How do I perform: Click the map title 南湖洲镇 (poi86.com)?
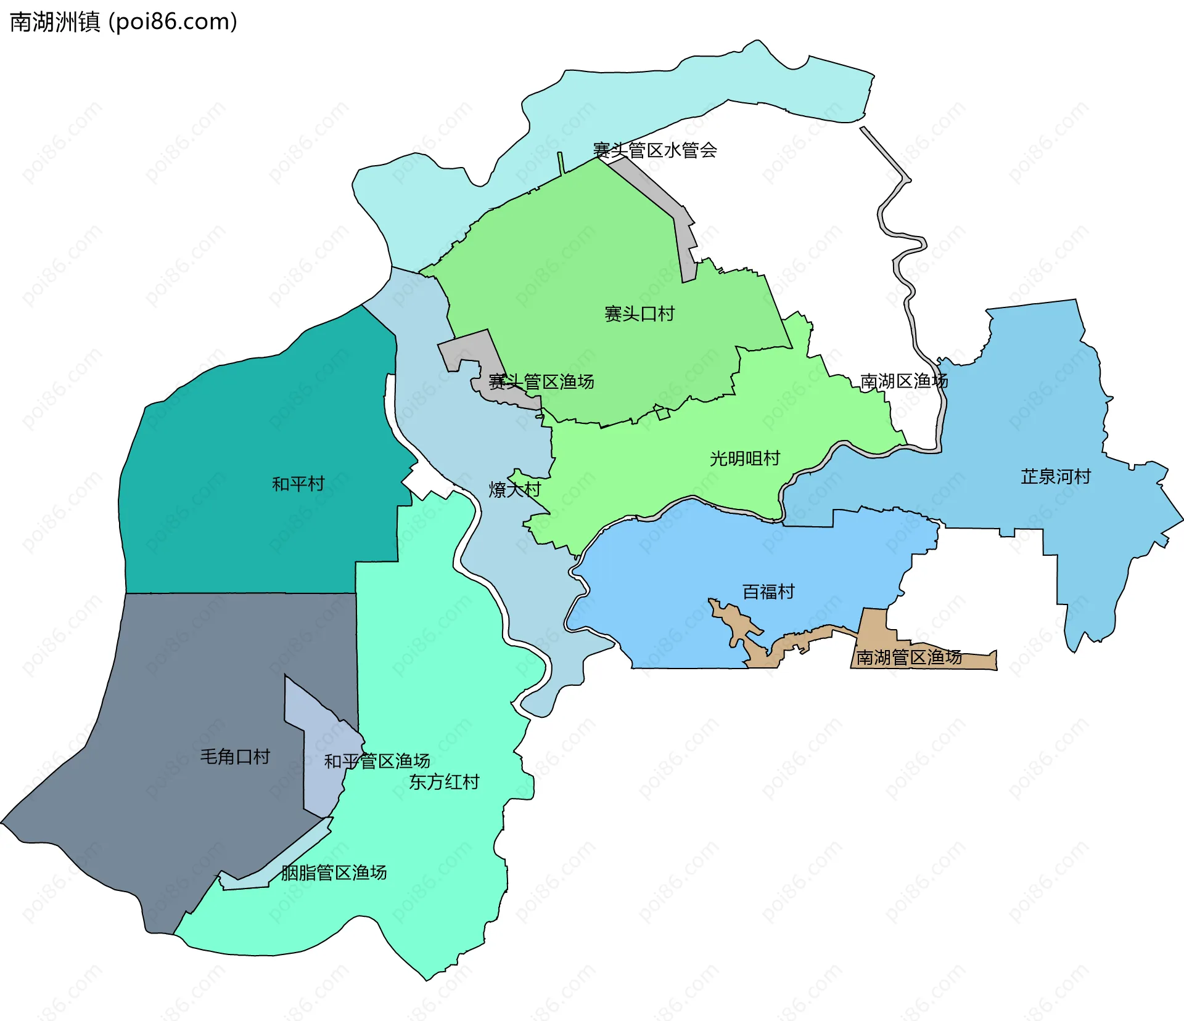(x=123, y=22)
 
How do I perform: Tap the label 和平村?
(x=298, y=484)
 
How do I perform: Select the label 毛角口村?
(x=235, y=757)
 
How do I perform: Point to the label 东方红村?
(x=444, y=782)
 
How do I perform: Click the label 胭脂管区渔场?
(x=334, y=873)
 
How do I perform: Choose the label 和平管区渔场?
(x=377, y=762)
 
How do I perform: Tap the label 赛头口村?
(x=639, y=314)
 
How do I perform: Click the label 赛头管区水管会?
(x=654, y=150)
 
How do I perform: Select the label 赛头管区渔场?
(x=541, y=382)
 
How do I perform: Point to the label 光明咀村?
(x=744, y=458)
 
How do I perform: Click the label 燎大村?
(x=514, y=490)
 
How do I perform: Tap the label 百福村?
(x=768, y=592)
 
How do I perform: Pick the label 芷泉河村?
(x=1055, y=476)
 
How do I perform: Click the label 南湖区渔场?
(x=903, y=381)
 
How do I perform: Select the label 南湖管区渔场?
(x=908, y=657)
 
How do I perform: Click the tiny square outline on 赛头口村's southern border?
(x=662, y=413)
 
